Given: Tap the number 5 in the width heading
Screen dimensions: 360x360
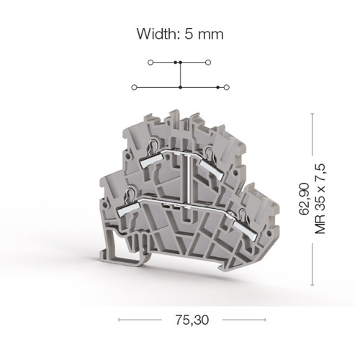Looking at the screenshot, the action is click(189, 34).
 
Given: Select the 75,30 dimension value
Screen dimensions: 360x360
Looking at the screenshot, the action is click(192, 320).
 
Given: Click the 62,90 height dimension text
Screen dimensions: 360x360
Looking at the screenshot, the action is click(304, 199).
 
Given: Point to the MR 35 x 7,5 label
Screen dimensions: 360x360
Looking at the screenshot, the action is click(320, 199).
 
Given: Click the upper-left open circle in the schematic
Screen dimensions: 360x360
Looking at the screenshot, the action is click(150, 63).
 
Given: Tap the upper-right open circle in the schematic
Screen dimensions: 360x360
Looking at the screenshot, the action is click(208, 63).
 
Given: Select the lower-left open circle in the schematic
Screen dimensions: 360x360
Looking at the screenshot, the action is click(135, 87).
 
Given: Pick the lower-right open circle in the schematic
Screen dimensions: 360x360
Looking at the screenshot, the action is click(227, 87).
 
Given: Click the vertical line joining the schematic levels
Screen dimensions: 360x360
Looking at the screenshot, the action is click(181, 75).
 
